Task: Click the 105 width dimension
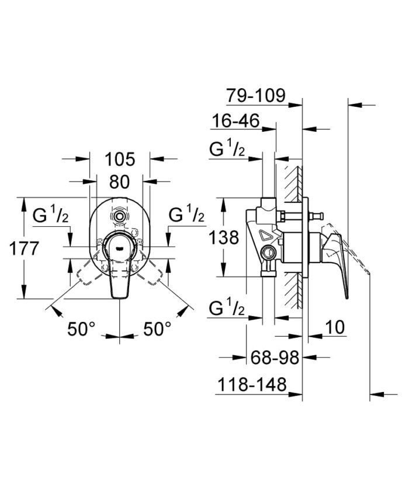tap(120, 159)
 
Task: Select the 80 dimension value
tap(119, 181)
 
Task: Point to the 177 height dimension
tap(24, 249)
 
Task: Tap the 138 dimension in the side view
tap(224, 237)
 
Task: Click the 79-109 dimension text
tap(257, 95)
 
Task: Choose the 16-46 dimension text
tap(236, 120)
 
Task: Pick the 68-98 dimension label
tap(275, 357)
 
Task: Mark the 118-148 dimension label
tap(252, 384)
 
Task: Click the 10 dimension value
tap(335, 327)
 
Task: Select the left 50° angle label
tap(81, 329)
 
